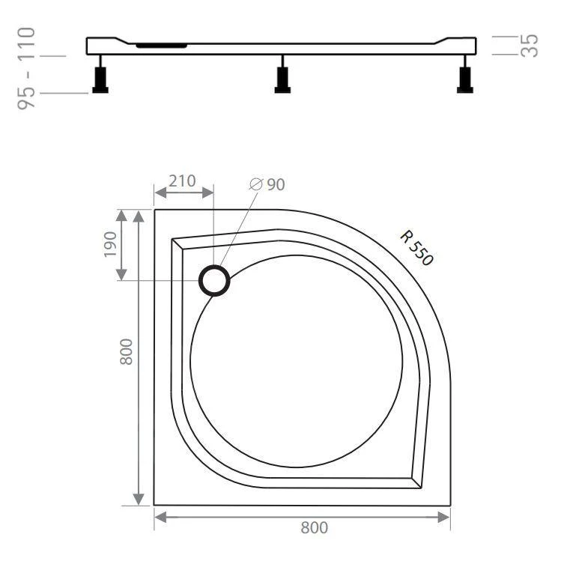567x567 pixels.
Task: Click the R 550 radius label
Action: (417, 248)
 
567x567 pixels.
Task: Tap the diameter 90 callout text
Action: (268, 184)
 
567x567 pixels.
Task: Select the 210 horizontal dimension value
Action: (181, 181)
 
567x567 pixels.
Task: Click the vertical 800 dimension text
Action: (127, 351)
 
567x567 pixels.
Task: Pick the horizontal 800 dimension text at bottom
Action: (314, 527)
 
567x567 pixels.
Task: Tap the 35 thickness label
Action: (530, 45)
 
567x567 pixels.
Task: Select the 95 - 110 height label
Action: (27, 67)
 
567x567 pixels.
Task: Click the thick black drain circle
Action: (214, 281)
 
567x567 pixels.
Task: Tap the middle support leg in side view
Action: (282, 79)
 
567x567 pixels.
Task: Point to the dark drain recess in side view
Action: (162, 45)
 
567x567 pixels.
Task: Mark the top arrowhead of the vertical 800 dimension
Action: (139, 216)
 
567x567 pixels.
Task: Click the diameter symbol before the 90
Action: (255, 184)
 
